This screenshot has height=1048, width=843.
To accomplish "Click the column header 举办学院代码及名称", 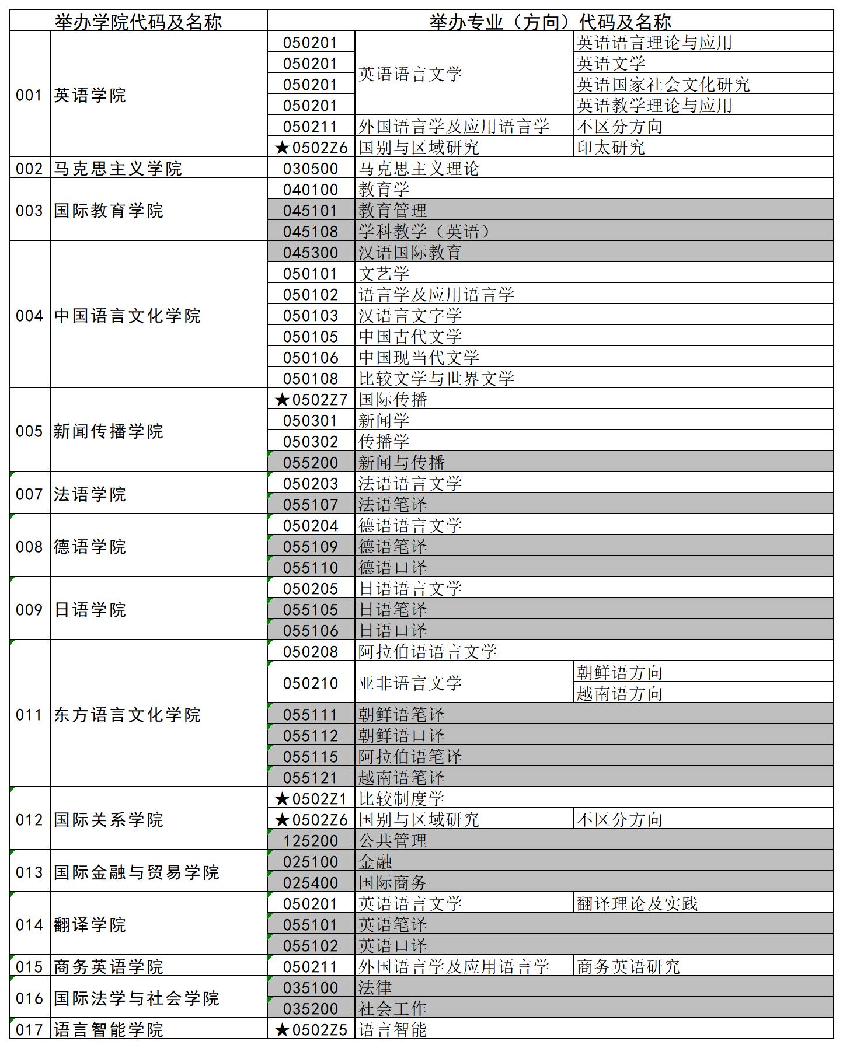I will pos(138,22).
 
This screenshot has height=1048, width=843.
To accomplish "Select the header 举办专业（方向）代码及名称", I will pos(550,22).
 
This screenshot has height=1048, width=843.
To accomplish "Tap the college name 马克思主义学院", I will pos(118,169).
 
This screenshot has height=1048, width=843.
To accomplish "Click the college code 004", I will pos(29,316).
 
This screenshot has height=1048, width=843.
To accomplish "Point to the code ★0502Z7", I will pos(311,400).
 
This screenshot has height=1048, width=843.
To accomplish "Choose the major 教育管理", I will pos(392,211).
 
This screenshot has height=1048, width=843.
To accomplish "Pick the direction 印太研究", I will pos(611,148).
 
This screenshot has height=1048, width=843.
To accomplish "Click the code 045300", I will pos(311,253).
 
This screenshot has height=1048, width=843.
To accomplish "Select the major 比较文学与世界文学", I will pos(436,379).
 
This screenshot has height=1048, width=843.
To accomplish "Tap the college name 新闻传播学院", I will pos(109,431).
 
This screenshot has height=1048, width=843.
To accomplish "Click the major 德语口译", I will pos(392,568).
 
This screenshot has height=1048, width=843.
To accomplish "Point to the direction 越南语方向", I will pos(619,694).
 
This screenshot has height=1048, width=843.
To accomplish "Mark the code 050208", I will pos(311,652).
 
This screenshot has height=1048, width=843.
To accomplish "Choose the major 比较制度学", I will pos(401,799).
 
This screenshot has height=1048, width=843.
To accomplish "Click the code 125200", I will pos(311,841).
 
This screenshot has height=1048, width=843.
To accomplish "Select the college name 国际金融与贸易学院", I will pos(137,872).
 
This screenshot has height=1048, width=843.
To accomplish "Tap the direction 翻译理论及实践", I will pos(637,904).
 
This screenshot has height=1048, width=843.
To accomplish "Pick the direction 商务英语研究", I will pos(628,967).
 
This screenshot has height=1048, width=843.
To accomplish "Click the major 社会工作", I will pos(392,1009).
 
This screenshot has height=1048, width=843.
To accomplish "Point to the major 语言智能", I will pos(392,1030).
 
